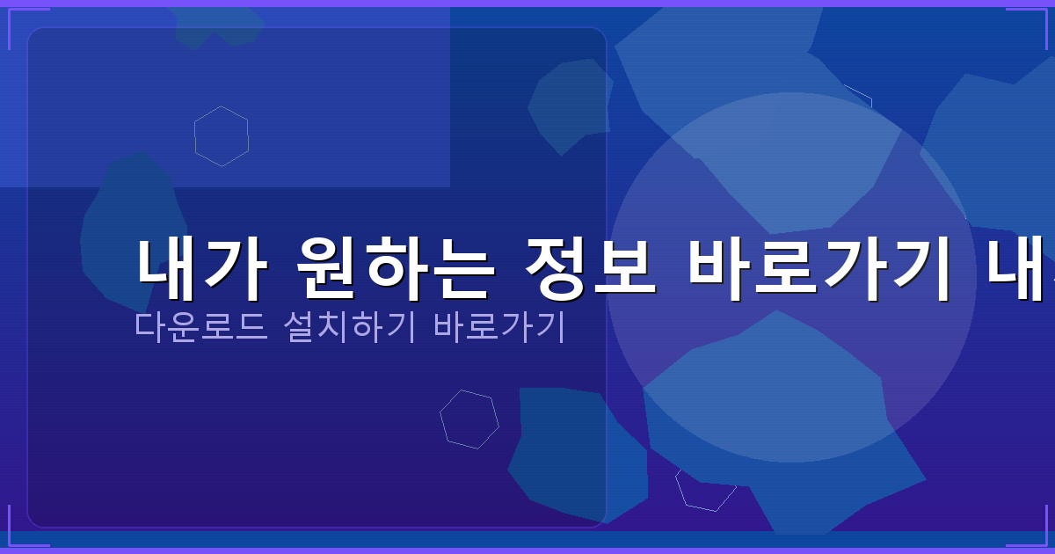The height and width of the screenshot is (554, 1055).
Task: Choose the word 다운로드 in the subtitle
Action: [200, 327]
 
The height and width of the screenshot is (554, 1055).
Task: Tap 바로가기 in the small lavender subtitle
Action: [498, 327]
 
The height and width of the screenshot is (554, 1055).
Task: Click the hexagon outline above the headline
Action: [222, 136]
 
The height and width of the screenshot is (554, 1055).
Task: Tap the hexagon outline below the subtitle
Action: [469, 419]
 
